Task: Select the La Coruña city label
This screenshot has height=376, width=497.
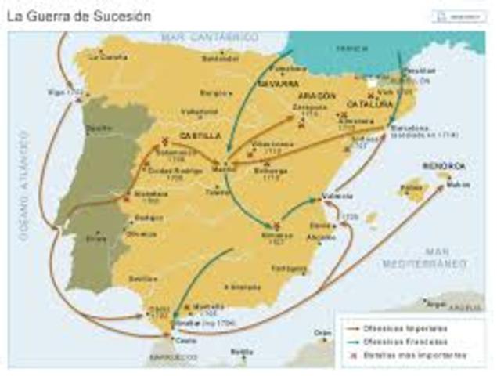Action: tap(107, 56)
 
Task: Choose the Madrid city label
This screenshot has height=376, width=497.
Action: tap(225, 168)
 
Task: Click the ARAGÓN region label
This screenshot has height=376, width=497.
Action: tap(316, 96)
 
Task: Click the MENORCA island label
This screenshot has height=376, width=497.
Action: tap(443, 167)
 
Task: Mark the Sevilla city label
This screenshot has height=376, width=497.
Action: tap(141, 278)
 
